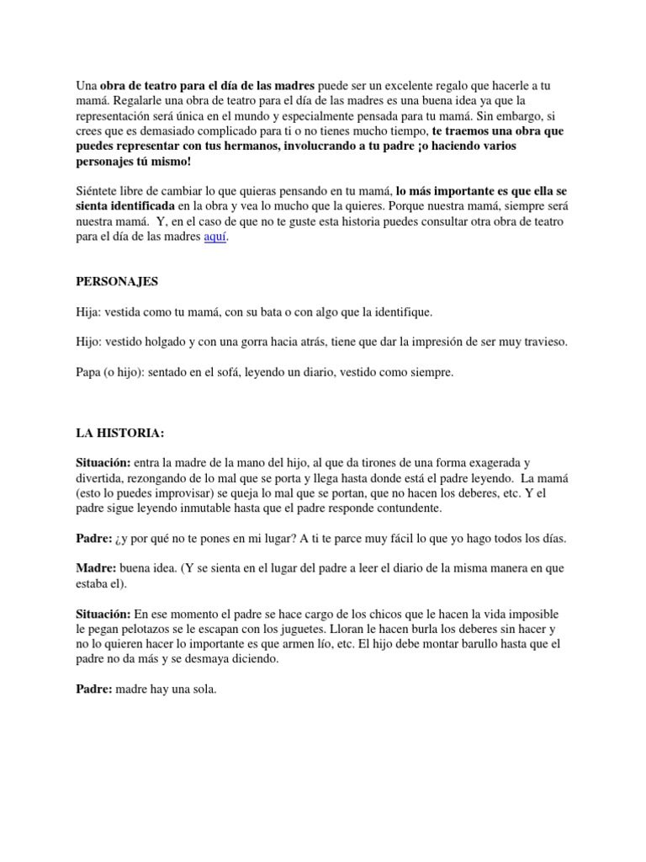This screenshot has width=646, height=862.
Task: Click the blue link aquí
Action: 214,237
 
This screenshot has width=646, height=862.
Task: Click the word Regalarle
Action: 141,101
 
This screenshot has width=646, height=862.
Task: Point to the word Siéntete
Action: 98,191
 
